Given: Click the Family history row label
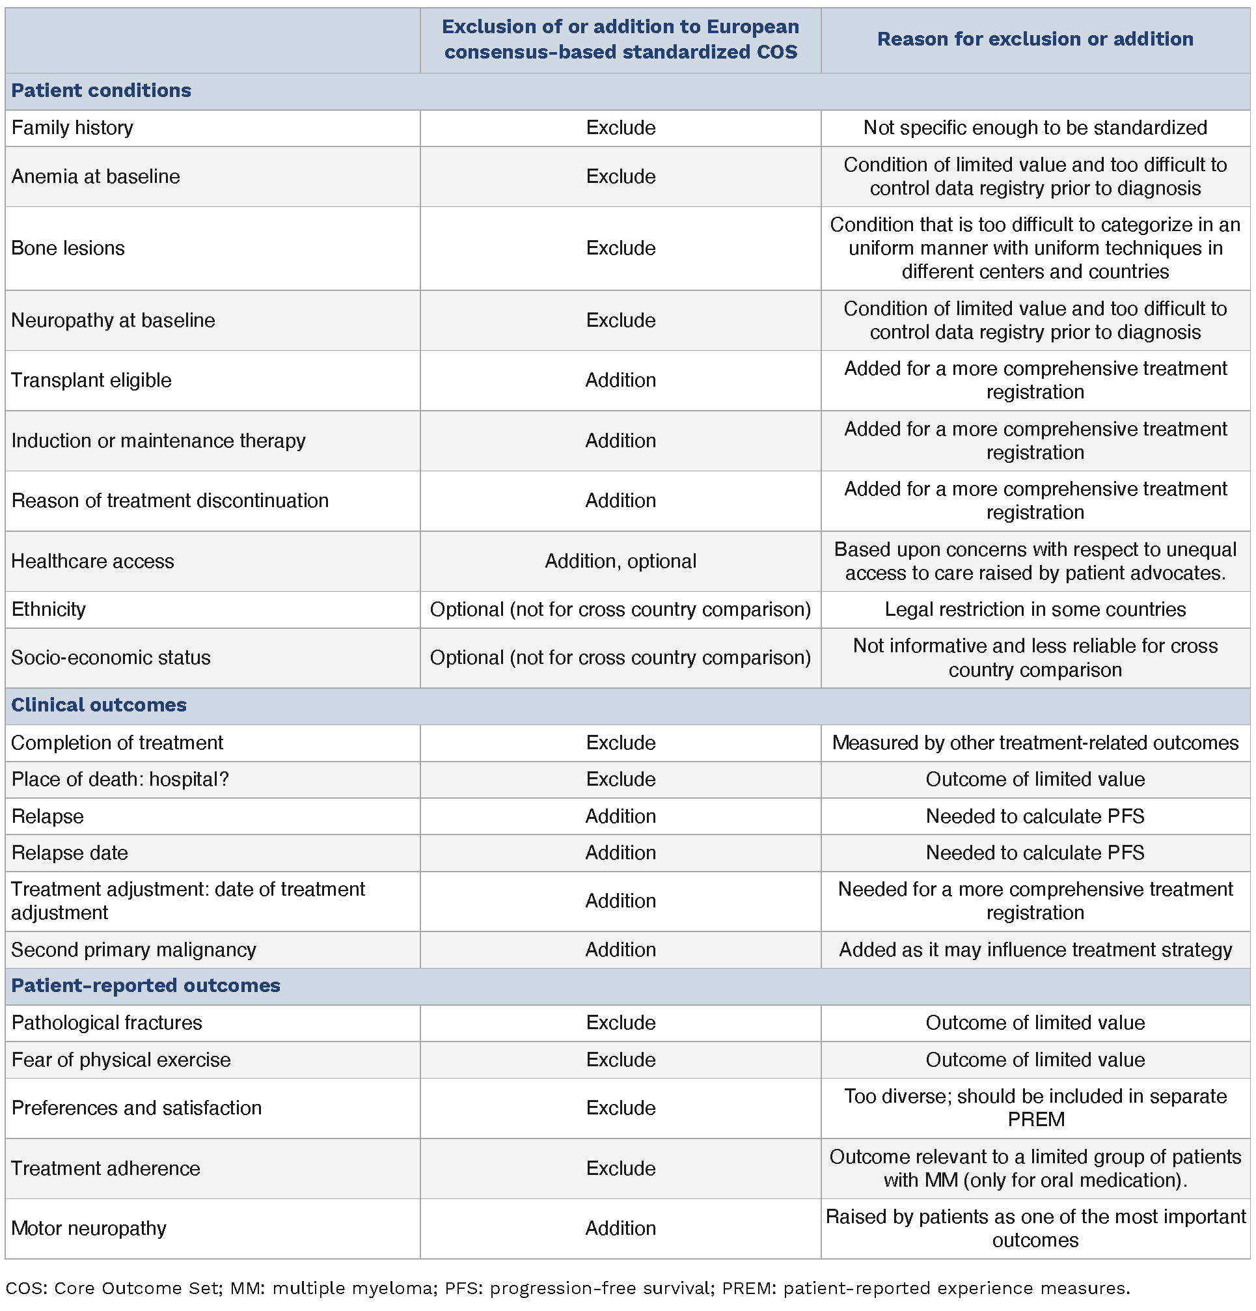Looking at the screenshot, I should click(72, 128).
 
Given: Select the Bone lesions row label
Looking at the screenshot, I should click(68, 248).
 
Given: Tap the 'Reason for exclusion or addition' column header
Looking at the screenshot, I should click(1035, 40).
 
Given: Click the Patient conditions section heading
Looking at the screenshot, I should click(101, 90).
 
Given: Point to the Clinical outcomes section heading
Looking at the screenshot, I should click(99, 705).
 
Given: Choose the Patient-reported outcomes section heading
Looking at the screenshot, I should click(146, 986).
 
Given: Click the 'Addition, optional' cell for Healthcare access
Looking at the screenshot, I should click(620, 560).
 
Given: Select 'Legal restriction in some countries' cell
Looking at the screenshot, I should click(1035, 609).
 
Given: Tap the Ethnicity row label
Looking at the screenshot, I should click(49, 609).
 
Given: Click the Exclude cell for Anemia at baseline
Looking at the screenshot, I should click(620, 176).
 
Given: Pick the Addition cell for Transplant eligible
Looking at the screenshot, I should click(620, 380).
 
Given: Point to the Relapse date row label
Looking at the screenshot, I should click(70, 853).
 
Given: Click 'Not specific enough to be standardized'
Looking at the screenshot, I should click(1035, 128).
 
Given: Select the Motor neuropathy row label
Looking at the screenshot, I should click(89, 1228).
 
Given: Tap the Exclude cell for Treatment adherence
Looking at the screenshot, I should click(620, 1168).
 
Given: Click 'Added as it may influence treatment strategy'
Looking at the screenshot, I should click(1035, 950).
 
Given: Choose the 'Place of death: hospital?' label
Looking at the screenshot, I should click(120, 779).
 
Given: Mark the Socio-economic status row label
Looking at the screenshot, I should click(111, 657).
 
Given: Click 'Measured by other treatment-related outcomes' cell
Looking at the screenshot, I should click(1035, 743).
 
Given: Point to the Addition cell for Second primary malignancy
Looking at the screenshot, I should click(620, 950).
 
